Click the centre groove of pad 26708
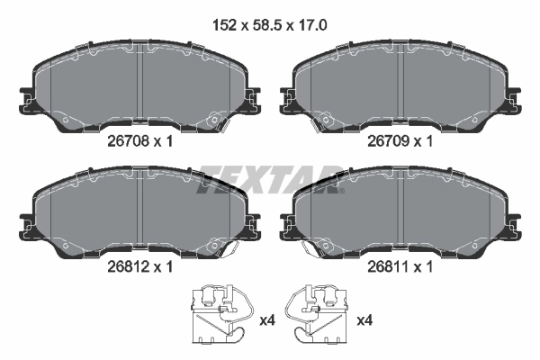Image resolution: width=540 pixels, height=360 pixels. tap(140, 85)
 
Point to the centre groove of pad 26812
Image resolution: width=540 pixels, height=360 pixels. tap(140, 211)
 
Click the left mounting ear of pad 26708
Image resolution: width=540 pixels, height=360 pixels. tap(26, 93)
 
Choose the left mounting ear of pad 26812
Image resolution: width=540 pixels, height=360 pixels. tap(26, 219)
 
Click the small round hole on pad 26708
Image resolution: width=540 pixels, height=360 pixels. tap(213, 118)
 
